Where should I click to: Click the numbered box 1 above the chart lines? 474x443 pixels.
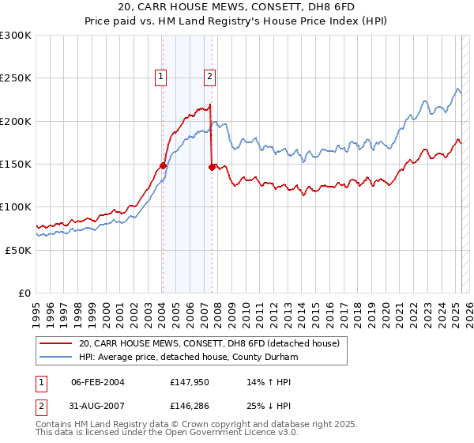point(161,77)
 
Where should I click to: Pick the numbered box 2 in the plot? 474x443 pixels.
point(209,77)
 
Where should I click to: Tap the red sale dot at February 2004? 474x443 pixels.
point(163,166)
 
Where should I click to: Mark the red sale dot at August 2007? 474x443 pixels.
point(212,167)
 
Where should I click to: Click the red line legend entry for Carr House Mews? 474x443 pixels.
point(209,343)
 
